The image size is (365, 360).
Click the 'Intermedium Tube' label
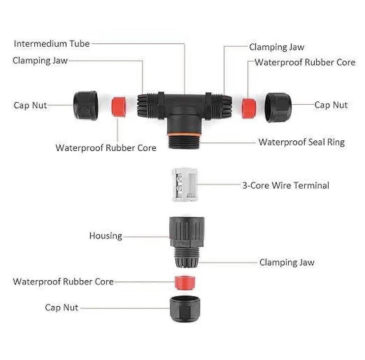pyautogui.click(x=51, y=44)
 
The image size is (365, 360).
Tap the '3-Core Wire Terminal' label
pyautogui.click(x=285, y=185)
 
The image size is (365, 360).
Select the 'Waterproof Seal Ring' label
pyautogui.click(x=301, y=142)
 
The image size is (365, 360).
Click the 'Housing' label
pyautogui.click(x=105, y=236)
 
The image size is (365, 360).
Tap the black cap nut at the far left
pyautogui.click(x=85, y=106)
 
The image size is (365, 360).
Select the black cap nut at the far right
pyautogui.click(x=278, y=107)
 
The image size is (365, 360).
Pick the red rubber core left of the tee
pyautogui.click(x=119, y=107)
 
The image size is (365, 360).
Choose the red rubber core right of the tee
pyautogui.click(x=249, y=108)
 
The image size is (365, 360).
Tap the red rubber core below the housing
pyautogui.click(x=185, y=282)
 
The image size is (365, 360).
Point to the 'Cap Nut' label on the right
pyautogui.click(x=331, y=105)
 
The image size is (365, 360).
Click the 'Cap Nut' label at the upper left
pyautogui.click(x=30, y=105)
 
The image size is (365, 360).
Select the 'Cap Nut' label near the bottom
pyautogui.click(x=61, y=307)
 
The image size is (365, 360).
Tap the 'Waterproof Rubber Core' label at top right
pyautogui.click(x=305, y=62)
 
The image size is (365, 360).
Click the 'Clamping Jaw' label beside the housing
pyautogui.click(x=287, y=262)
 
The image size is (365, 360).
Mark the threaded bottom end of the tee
pyautogui.click(x=184, y=143)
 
